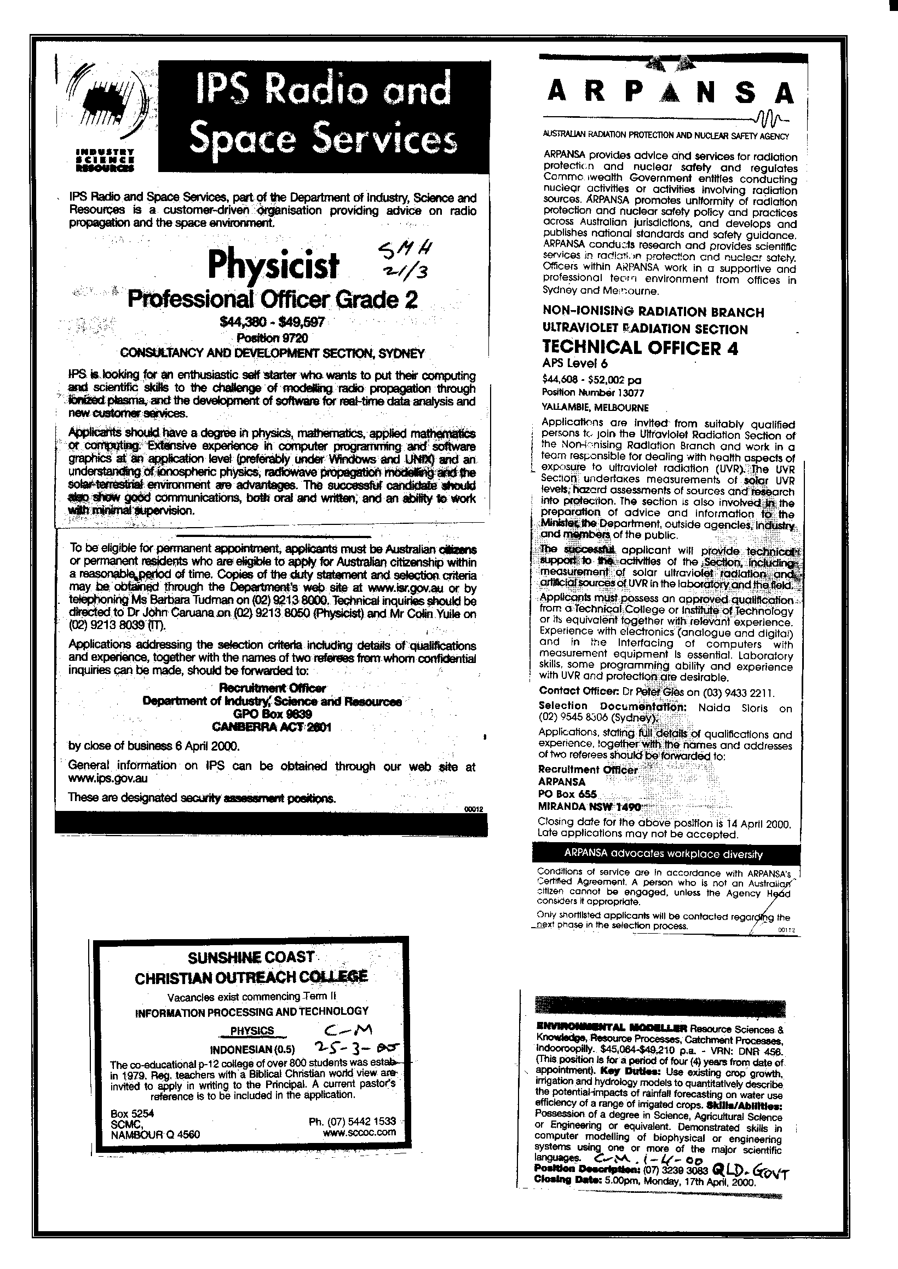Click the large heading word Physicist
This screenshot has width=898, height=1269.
click(x=273, y=266)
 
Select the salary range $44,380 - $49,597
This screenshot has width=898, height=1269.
click(x=272, y=322)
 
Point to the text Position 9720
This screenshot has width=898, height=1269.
click(x=272, y=338)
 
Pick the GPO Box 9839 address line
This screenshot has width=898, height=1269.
click(x=272, y=714)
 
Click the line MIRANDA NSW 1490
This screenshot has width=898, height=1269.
click(x=590, y=807)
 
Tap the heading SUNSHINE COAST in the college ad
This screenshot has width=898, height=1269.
click(x=251, y=958)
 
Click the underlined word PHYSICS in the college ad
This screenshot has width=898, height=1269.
click(x=252, y=1031)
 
